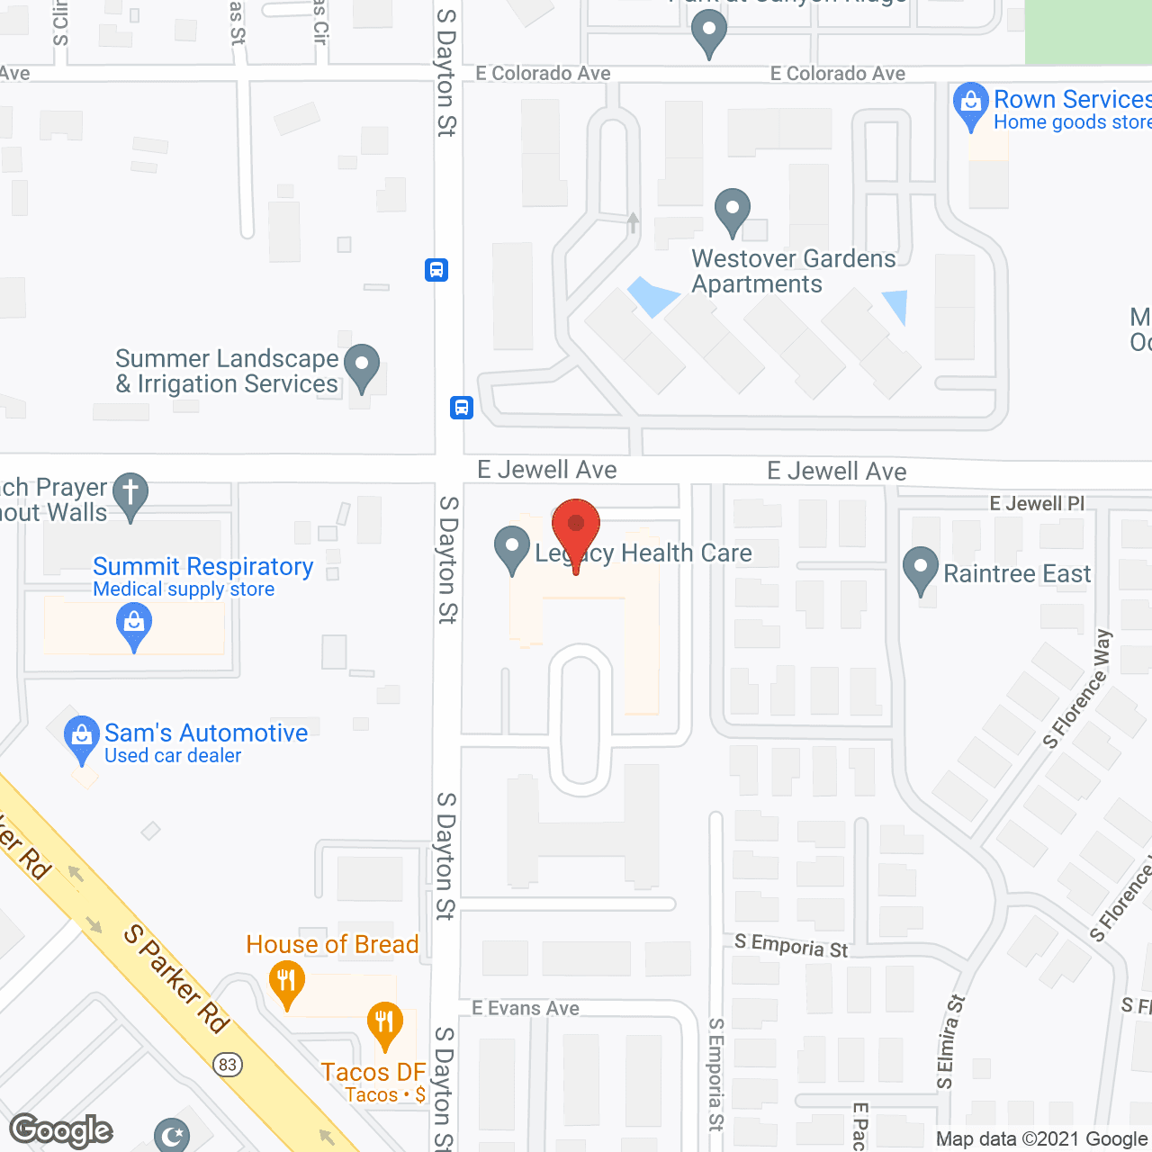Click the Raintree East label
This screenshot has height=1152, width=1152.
[x=1017, y=573]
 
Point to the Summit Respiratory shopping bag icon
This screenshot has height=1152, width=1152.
[x=134, y=625]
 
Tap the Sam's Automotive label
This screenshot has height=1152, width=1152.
[x=206, y=733]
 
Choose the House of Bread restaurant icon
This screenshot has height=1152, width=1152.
[x=286, y=983]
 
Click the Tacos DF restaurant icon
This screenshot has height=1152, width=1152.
[x=385, y=1024]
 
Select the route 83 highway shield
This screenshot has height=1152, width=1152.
[x=227, y=1065]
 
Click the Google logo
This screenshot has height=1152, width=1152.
[x=61, y=1130]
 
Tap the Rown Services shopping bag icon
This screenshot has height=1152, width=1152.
[x=971, y=104]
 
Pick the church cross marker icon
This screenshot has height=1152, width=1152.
[x=130, y=495]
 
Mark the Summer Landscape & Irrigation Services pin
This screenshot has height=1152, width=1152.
[x=362, y=367]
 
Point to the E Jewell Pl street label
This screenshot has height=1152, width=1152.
[x=1037, y=503]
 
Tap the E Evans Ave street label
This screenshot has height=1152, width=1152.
[x=526, y=1008]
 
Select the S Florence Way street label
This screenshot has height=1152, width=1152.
[x=1077, y=689]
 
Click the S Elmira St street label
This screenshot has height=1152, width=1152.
[x=950, y=1041]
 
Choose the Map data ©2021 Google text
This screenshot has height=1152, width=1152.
[x=1042, y=1138]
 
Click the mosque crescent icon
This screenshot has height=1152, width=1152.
[x=172, y=1136]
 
